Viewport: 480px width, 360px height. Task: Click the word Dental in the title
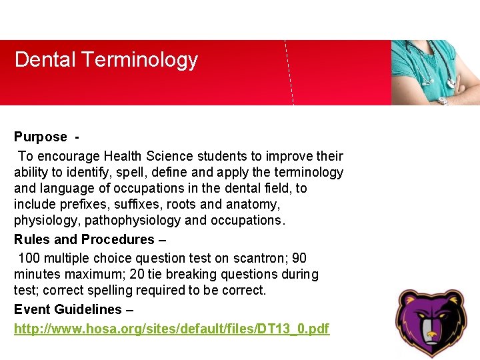tap(45, 59)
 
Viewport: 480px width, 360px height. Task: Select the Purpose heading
tap(41, 137)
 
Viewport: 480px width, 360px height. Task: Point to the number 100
tap(29, 258)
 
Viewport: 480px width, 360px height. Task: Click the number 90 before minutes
tap(299, 258)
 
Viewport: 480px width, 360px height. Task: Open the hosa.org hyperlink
tap(171, 329)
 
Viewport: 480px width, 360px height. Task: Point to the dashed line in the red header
tap(289, 73)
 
